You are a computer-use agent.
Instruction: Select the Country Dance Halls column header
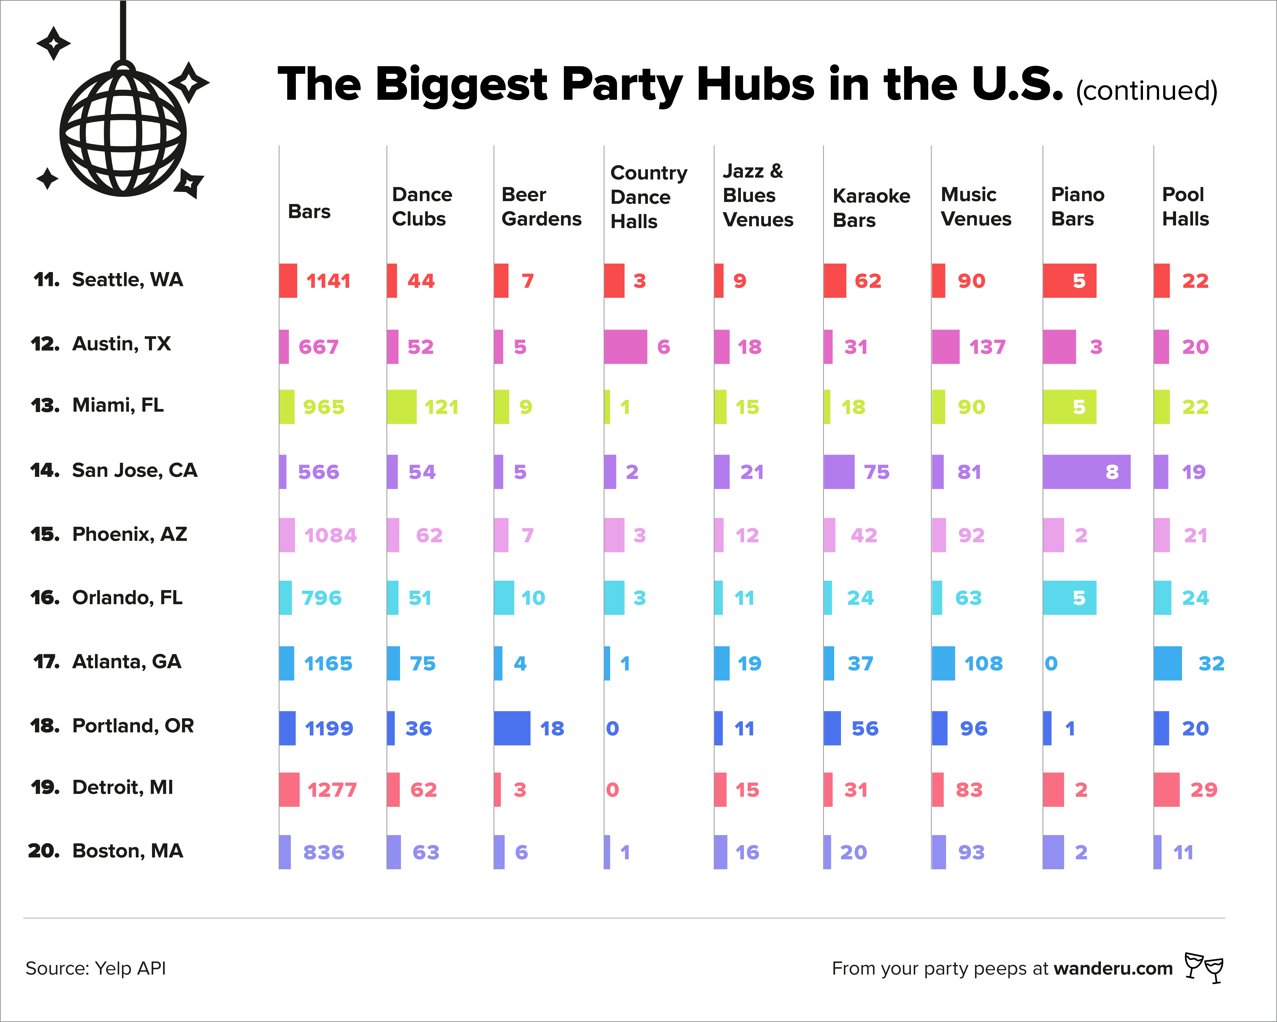pyautogui.click(x=649, y=197)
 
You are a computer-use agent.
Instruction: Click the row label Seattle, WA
pyautogui.click(x=127, y=280)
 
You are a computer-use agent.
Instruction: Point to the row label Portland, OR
pyautogui.click(x=133, y=726)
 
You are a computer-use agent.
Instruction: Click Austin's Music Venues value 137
pyautogui.click(x=987, y=347)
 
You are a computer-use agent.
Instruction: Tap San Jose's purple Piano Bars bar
pyautogui.click(x=1086, y=472)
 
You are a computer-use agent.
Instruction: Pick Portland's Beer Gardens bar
pyautogui.click(x=512, y=728)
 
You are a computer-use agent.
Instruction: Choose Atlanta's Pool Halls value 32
pyautogui.click(x=1211, y=663)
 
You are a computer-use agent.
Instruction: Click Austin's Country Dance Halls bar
pyautogui.click(x=625, y=347)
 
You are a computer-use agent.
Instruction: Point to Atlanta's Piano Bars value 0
pyautogui.click(x=1051, y=663)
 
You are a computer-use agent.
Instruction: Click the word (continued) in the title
pyautogui.click(x=1146, y=91)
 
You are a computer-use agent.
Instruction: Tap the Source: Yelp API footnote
pyautogui.click(x=95, y=968)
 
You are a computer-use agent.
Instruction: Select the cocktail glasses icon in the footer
pyautogui.click(x=1204, y=968)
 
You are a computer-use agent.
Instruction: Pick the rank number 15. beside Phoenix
pyautogui.click(x=45, y=534)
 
